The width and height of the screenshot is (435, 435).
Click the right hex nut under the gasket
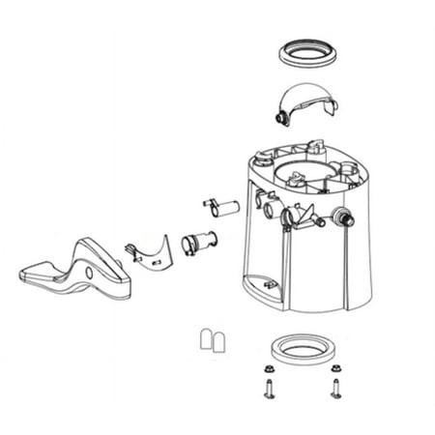[x=335, y=371]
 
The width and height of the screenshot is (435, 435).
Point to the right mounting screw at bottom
[x=335, y=391]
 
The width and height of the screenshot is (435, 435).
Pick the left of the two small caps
[x=205, y=338]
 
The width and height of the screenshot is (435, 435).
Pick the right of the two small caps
[x=218, y=338]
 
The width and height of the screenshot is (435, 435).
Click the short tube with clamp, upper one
[x=217, y=206]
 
